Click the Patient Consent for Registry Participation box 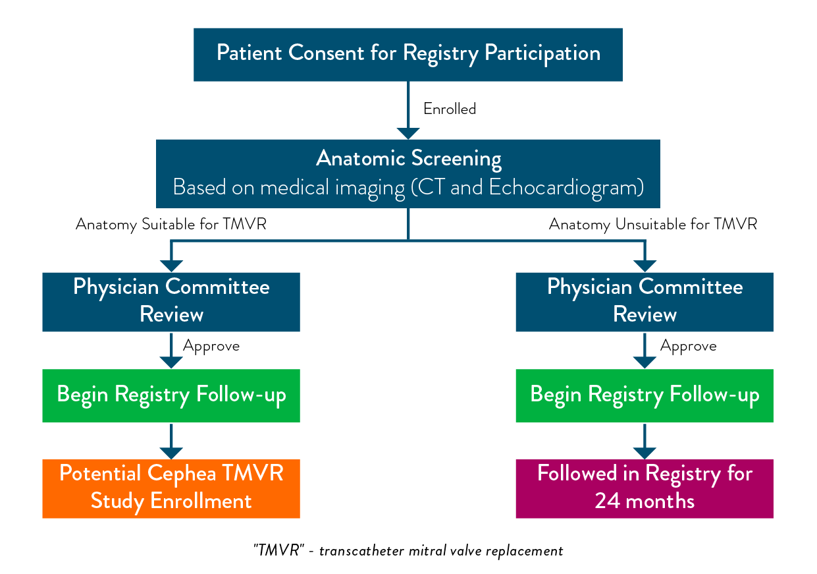point(408,54)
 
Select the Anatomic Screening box point(408,173)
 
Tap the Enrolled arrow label point(450,109)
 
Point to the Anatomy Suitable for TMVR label point(171,225)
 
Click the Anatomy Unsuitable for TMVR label point(652,225)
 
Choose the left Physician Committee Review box point(171,301)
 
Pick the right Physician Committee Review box point(645,301)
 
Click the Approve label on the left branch point(211,346)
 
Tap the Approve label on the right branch point(689,346)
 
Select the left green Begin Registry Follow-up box point(171,395)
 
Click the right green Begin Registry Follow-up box point(645,395)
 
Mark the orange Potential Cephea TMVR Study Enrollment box point(171,488)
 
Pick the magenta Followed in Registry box point(645,488)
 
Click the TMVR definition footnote point(408,551)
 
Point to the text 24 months point(645,501)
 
